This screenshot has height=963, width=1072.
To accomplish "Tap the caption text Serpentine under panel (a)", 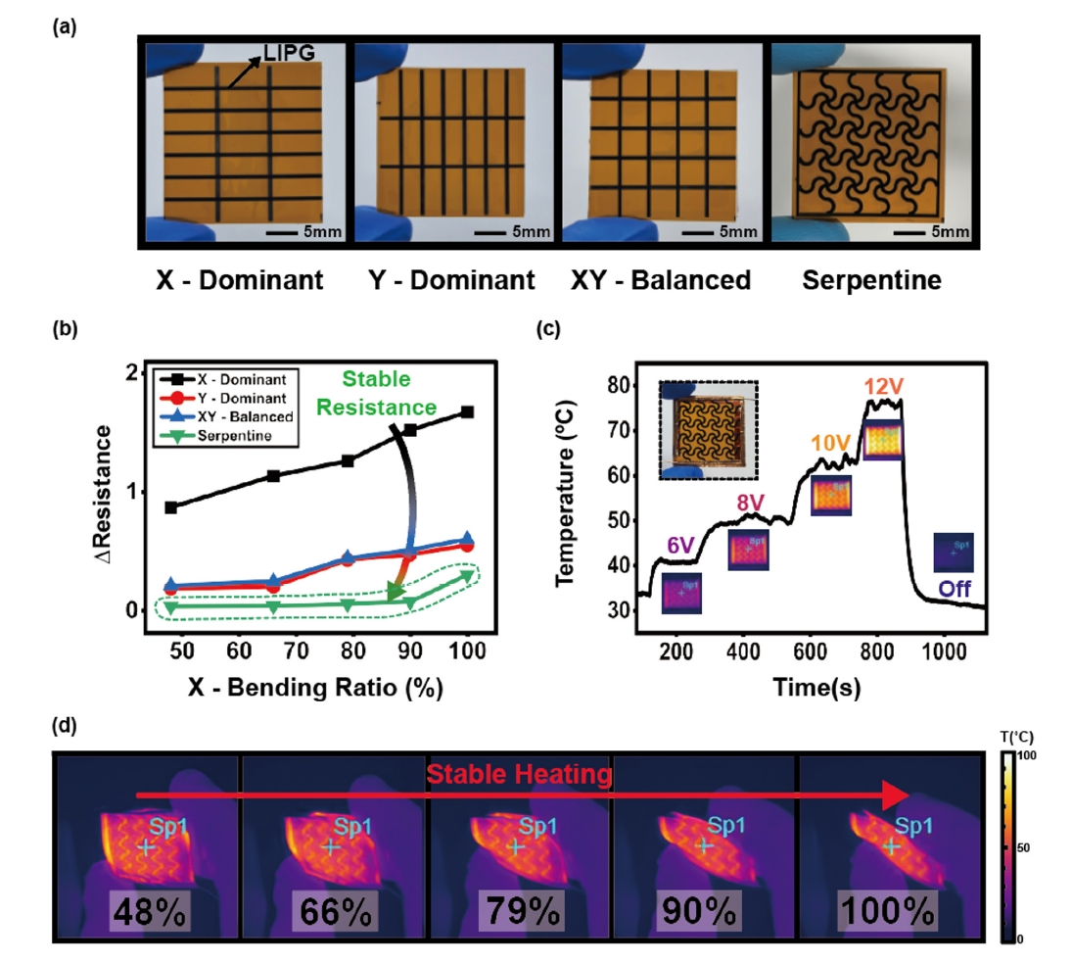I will point(871,282).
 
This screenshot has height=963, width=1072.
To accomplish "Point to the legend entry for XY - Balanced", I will point(236,417).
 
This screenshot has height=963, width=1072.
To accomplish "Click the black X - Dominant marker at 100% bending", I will point(468,412).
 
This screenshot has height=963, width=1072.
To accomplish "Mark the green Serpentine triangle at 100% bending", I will point(468,575).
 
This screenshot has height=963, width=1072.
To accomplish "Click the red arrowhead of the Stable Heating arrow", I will point(897,794).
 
